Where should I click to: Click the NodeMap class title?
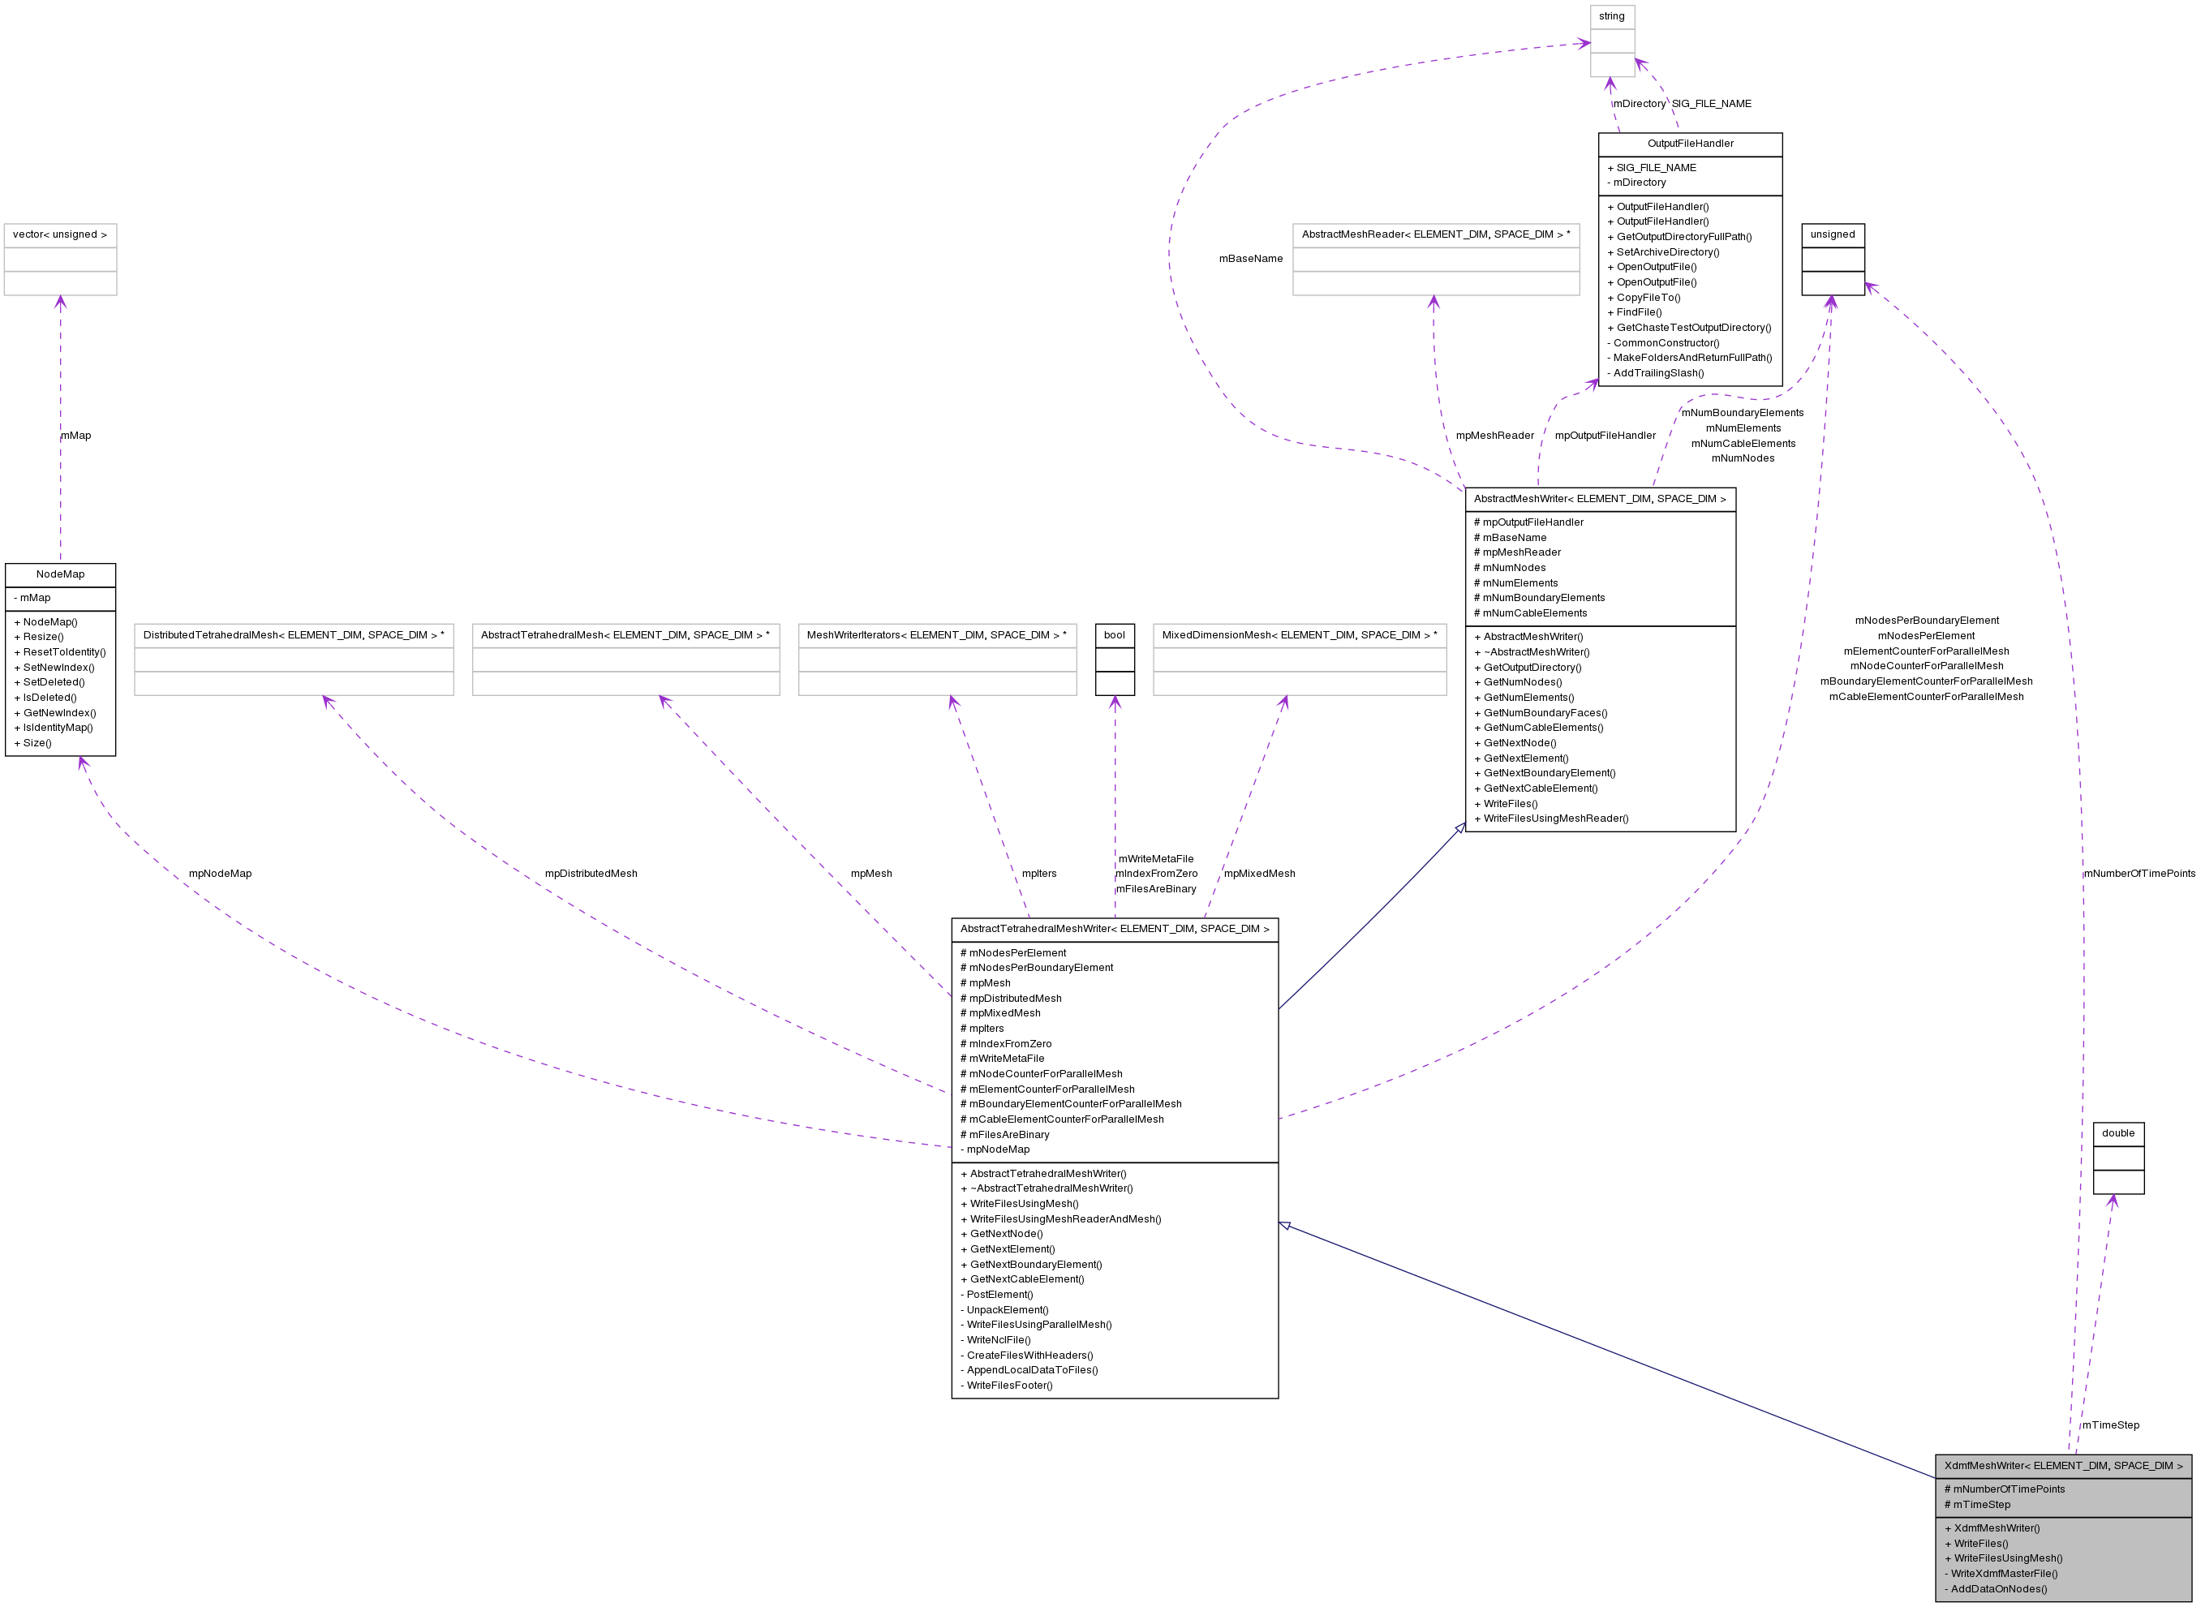pyautogui.click(x=60, y=575)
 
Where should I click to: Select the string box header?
pyautogui.click(x=1611, y=16)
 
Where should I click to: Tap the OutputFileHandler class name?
pyautogui.click(x=1691, y=144)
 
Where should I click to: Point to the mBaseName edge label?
pyautogui.click(x=1251, y=259)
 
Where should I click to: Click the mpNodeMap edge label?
pyautogui.click(x=220, y=874)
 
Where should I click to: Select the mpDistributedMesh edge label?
pyautogui.click(x=591, y=874)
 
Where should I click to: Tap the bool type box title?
pyautogui.click(x=1115, y=635)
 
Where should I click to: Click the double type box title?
pyautogui.click(x=2118, y=1133)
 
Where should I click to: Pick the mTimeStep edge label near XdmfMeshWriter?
pyautogui.click(x=2111, y=1425)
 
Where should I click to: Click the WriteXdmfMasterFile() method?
pyautogui.click(x=2004, y=1574)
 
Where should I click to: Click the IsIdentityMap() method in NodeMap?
pyautogui.click(x=58, y=728)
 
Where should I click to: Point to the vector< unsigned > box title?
pyautogui.click(x=60, y=234)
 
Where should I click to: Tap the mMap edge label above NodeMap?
pyautogui.click(x=76, y=436)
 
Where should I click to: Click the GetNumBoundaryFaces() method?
pyautogui.click(x=1545, y=713)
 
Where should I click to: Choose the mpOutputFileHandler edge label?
pyautogui.click(x=1605, y=436)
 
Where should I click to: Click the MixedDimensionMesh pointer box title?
pyautogui.click(x=1300, y=635)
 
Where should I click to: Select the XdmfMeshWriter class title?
pyautogui.click(x=2063, y=1466)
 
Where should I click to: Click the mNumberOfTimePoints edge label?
pyautogui.click(x=2139, y=874)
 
